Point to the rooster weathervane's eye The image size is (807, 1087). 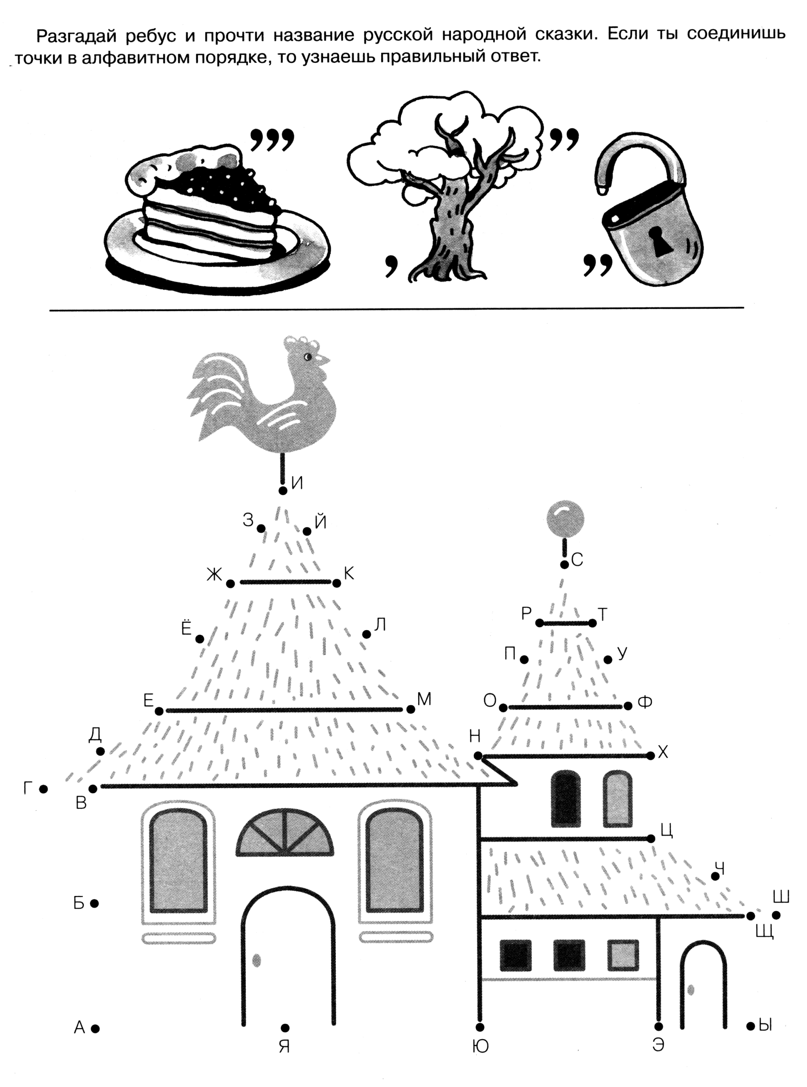click(x=308, y=357)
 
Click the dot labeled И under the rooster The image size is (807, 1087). click(x=282, y=490)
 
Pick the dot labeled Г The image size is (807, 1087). click(x=43, y=788)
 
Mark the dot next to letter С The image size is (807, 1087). click(x=564, y=565)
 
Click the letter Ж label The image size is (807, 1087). click(x=214, y=575)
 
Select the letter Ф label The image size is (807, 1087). click(x=645, y=703)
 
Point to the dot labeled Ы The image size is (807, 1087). click(x=751, y=1026)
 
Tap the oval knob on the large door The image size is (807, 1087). click(x=256, y=960)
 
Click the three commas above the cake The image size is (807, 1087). click(x=273, y=140)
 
